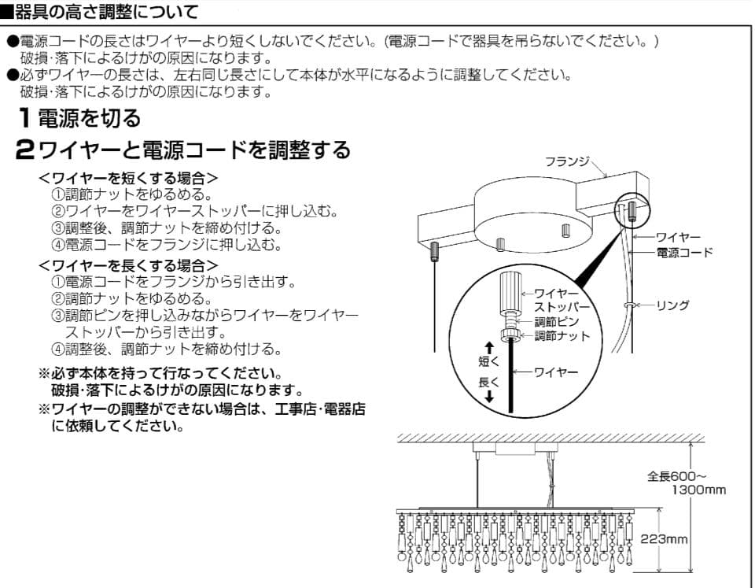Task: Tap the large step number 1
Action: (26, 119)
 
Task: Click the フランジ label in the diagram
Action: (567, 161)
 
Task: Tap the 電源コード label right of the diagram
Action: (684, 252)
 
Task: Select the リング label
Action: (672, 305)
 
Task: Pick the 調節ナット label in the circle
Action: (562, 336)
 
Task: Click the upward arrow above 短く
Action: (488, 347)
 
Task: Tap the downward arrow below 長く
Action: (488, 398)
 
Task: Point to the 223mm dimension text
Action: (665, 539)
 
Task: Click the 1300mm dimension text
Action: (699, 490)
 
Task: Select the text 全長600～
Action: (676, 476)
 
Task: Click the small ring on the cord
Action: (628, 304)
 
